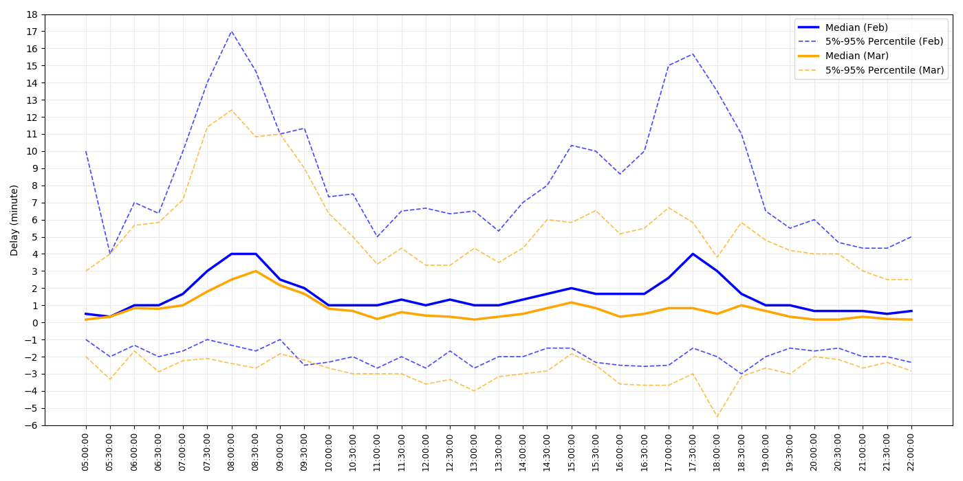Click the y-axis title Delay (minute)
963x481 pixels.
click(14, 220)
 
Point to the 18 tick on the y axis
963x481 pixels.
click(32, 14)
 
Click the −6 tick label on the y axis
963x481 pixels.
click(31, 425)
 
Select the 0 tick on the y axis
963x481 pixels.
click(34, 322)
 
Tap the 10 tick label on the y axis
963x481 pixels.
click(32, 151)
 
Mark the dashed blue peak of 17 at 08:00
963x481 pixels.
click(232, 31)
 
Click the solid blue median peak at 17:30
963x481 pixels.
click(693, 254)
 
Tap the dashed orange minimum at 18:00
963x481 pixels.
click(717, 416)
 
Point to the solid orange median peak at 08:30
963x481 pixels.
click(256, 271)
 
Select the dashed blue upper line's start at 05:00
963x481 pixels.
click(86, 151)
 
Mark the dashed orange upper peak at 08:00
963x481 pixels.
click(232, 110)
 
